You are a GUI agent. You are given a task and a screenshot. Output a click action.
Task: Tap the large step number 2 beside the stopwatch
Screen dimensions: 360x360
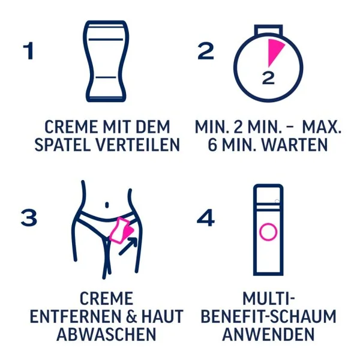click(x=206, y=51)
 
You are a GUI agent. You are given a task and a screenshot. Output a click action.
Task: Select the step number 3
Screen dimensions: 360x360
click(x=29, y=217)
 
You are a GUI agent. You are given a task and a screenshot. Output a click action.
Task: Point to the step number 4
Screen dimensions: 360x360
click(x=206, y=217)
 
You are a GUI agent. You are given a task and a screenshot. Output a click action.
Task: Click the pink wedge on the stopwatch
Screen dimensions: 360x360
click(x=274, y=51)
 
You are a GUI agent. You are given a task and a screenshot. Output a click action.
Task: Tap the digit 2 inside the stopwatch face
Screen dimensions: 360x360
click(x=268, y=78)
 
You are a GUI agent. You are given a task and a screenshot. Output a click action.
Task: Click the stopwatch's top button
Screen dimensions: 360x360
click(x=268, y=30)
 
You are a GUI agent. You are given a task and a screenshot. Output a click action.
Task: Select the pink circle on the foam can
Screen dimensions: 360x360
click(x=268, y=232)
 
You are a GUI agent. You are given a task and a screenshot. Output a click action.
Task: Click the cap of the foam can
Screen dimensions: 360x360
click(x=268, y=194)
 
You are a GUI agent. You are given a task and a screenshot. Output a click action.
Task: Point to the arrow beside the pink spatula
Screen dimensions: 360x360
click(x=128, y=247)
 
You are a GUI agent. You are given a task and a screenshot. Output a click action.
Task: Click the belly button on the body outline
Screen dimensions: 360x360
click(x=107, y=205)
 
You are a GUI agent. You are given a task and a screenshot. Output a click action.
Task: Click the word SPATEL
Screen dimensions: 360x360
click(x=62, y=145)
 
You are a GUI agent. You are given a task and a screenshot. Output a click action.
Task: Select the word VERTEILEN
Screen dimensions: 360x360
click(x=137, y=145)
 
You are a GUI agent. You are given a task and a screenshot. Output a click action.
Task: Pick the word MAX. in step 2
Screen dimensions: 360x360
click(x=322, y=127)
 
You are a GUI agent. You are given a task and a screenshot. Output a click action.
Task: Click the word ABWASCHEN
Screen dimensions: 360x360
click(x=106, y=334)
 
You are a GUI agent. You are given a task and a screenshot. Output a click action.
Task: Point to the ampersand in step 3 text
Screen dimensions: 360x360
click(x=131, y=316)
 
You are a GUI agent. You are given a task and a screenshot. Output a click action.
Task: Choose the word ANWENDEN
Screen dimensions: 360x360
click(x=268, y=334)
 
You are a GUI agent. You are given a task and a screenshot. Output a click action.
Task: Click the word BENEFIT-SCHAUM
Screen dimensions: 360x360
click(x=268, y=316)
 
